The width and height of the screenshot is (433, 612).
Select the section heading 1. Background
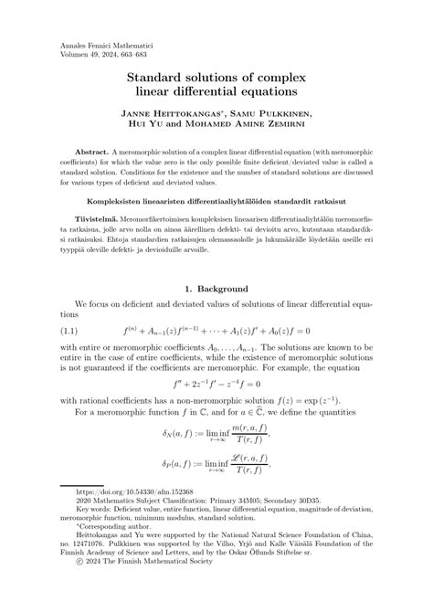point(216,288)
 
